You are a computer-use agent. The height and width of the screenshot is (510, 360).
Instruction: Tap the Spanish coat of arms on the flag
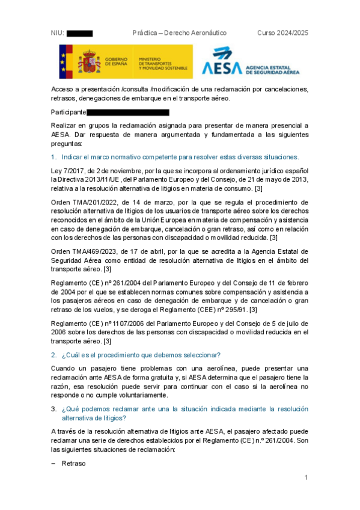click(88, 62)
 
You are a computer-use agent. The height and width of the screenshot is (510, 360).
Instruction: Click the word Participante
click(68, 112)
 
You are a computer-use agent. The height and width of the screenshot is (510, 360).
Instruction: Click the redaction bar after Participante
click(128, 112)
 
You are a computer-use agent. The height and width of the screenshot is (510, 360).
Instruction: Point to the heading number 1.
click(53, 157)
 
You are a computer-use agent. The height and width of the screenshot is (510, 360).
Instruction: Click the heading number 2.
click(53, 354)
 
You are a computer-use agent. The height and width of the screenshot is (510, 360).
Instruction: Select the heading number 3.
click(53, 410)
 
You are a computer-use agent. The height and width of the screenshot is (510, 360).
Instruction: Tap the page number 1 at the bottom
click(306, 478)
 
